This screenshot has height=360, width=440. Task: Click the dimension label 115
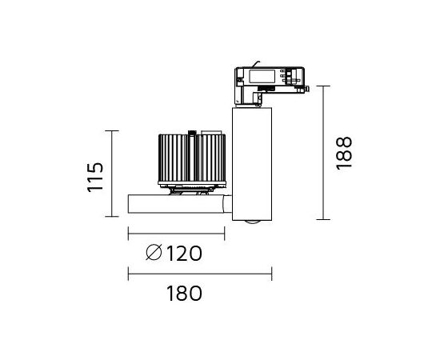tap(95, 177)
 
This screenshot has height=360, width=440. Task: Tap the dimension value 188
tap(344, 153)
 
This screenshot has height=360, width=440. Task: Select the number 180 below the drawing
tap(184, 294)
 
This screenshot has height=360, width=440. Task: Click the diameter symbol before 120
tap(154, 252)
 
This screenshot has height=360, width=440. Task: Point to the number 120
tap(184, 254)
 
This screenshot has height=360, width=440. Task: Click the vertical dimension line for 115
tap(112, 174)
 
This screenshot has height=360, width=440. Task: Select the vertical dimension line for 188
tap(323, 153)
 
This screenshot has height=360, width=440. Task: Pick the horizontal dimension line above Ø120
tap(176, 234)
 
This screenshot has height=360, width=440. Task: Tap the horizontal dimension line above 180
tap(200, 274)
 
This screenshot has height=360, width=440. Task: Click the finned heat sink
tap(192, 158)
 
